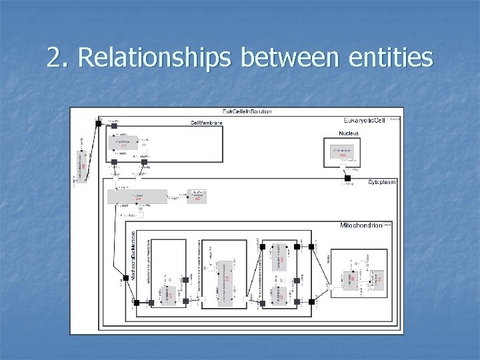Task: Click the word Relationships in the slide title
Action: [155, 59]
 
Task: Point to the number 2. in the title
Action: [57, 59]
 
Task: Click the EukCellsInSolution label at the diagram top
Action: [247, 111]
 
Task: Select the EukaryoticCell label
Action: [364, 120]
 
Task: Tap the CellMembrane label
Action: [206, 123]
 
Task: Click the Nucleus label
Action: [347, 133]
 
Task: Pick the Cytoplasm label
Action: [381, 182]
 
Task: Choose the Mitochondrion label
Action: [361, 226]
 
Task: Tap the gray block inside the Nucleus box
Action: [343, 152]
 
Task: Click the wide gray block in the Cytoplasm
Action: [137, 197]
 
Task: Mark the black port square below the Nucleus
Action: [347, 178]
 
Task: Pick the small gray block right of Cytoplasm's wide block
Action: [198, 196]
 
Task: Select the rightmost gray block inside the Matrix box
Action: [377, 280]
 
